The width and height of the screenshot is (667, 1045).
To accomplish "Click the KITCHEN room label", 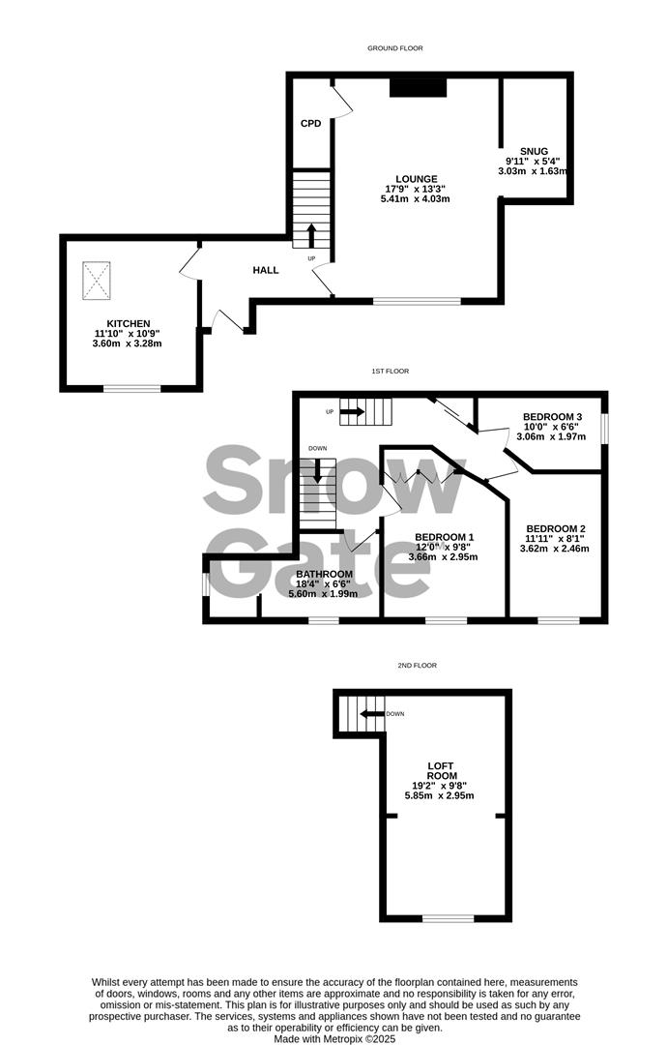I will pos(127,323).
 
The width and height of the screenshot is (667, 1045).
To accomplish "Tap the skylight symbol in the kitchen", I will pos(97,280).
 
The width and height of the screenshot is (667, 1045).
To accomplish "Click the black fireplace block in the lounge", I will pos(419,88).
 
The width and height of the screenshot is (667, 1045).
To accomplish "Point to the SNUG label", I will pos(533,151).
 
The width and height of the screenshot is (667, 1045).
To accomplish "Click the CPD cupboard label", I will pos(310,123).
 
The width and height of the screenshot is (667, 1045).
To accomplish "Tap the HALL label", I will pos(266,270).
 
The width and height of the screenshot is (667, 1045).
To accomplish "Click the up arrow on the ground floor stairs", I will pos(311,235).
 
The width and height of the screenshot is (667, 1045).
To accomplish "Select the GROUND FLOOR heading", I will pos(394,48).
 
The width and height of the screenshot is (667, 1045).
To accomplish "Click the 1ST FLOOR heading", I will pos(391,372).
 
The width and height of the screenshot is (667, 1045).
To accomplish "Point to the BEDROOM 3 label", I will pos(548,415).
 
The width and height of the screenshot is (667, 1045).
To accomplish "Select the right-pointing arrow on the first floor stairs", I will pos(352,412).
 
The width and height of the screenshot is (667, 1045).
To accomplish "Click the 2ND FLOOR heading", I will pos(418,666).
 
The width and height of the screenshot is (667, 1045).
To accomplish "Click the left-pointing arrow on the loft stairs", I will pos(370,714).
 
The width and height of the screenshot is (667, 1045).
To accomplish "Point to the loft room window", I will pos(448,917).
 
